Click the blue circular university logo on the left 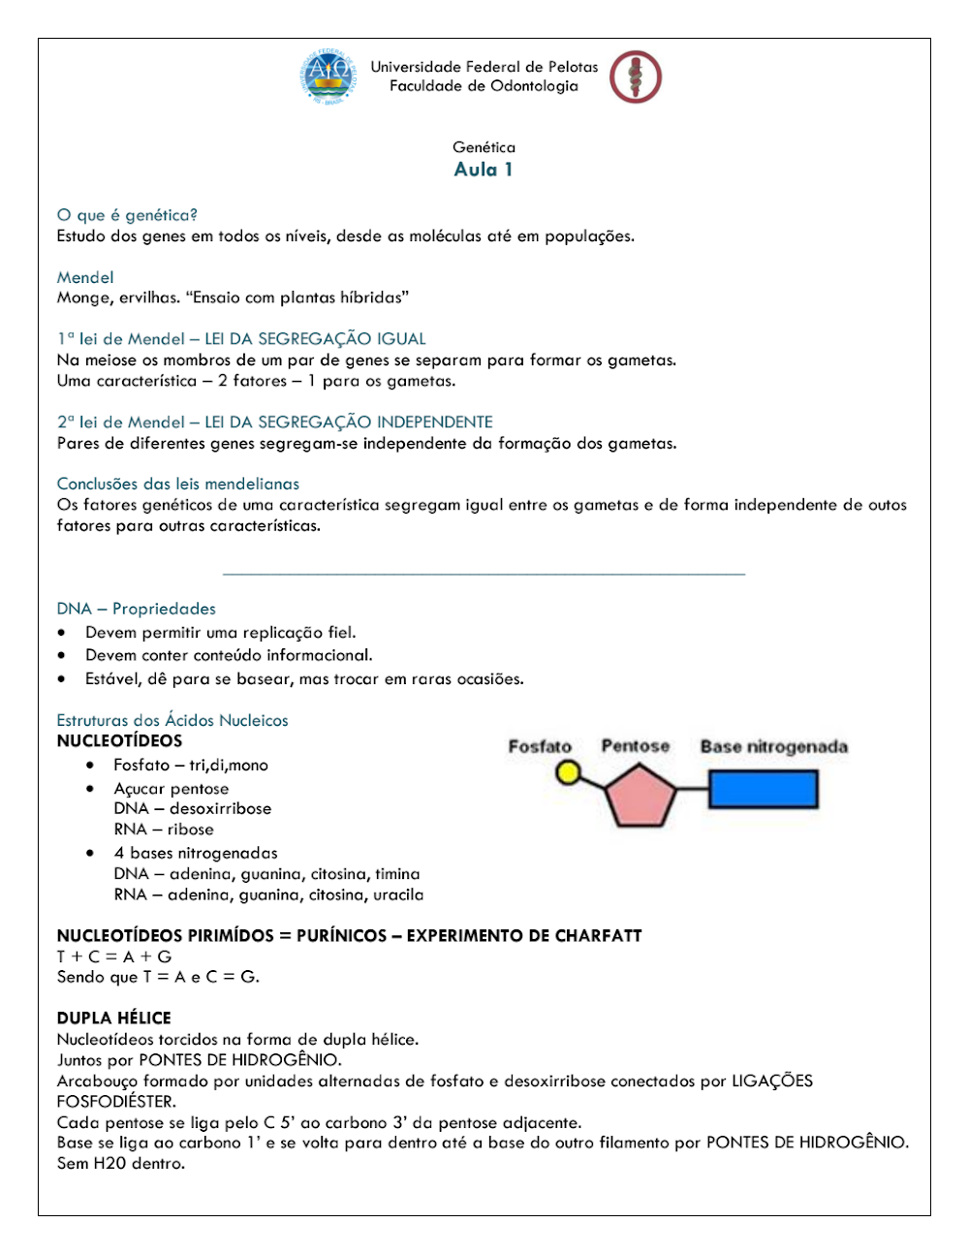point(327,78)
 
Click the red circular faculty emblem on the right point(635,78)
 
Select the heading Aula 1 point(484,170)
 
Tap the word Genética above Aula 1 point(484,147)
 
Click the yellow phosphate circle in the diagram point(568,772)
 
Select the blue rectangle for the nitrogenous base point(764,790)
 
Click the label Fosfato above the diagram point(540,746)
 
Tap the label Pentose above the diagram point(635,746)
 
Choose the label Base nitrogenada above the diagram point(773,746)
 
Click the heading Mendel point(85,277)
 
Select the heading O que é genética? point(127,215)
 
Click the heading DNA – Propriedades point(137,609)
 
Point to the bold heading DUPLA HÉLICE point(113,1018)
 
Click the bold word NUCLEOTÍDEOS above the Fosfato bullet point(119,740)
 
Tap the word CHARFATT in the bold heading point(598,935)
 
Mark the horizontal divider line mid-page point(484,574)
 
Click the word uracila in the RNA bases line point(397,894)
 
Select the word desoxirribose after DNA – point(220,808)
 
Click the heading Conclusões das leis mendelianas point(178,484)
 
